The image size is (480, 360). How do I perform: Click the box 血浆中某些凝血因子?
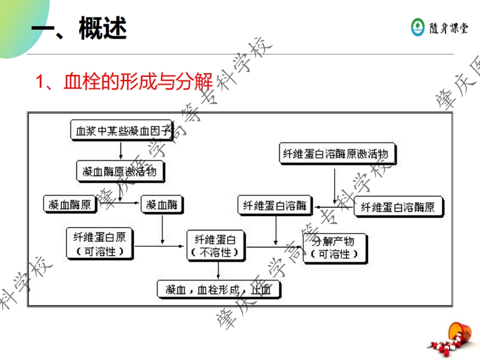click(x=122, y=130)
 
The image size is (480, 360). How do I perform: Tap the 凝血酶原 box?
click(x=70, y=205)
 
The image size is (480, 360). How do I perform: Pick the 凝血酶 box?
click(x=161, y=205)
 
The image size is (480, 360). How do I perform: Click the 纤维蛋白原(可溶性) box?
click(x=99, y=244)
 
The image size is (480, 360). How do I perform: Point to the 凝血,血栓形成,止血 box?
click(x=219, y=289)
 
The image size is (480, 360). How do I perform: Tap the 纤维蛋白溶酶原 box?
click(x=398, y=207)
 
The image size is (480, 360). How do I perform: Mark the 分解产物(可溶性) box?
click(x=334, y=247)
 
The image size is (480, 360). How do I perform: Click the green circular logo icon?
click(x=418, y=27)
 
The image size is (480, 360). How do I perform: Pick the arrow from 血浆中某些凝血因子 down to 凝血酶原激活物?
click(x=121, y=150)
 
